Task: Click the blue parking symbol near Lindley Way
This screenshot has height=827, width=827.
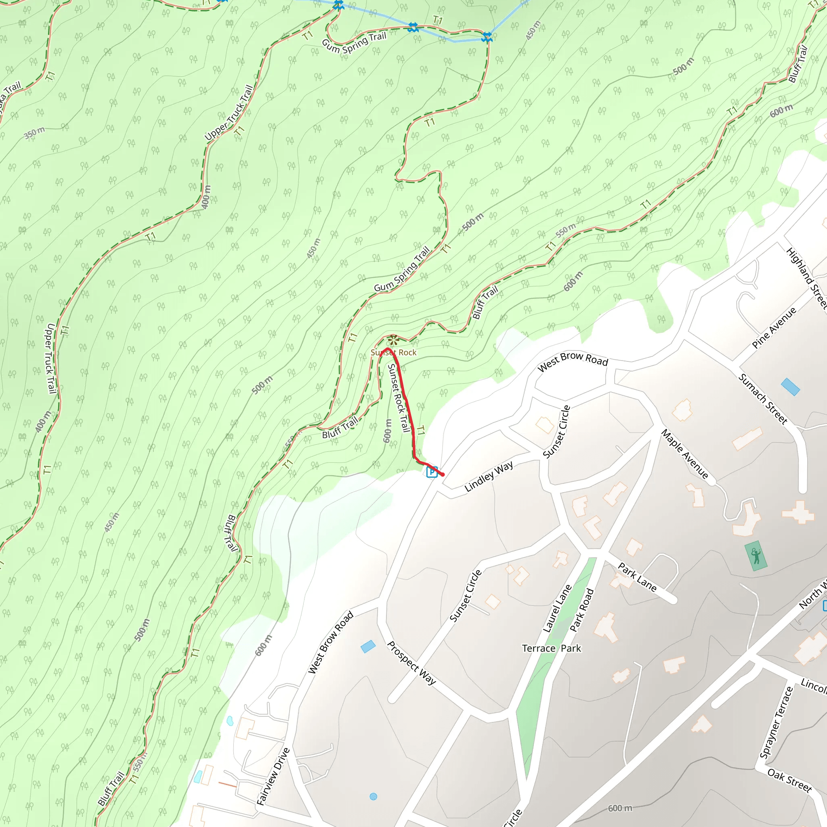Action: [x=432, y=472]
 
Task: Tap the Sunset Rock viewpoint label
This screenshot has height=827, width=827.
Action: [x=393, y=352]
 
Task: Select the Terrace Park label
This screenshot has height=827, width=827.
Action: [x=551, y=649]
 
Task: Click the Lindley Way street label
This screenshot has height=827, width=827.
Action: [x=489, y=476]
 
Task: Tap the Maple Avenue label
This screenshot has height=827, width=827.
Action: [x=684, y=454]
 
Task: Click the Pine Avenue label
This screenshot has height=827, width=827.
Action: [x=774, y=328]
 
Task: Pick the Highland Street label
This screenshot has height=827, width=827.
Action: [x=807, y=278]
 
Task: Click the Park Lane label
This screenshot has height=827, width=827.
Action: [x=637, y=577]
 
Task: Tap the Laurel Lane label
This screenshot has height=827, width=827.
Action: [x=557, y=608]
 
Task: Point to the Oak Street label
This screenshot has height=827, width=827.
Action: [x=789, y=780]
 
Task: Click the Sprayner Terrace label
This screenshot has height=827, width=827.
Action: [x=776, y=722]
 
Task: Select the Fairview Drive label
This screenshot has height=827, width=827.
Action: [x=273, y=777]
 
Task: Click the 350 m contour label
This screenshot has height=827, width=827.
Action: [x=34, y=133]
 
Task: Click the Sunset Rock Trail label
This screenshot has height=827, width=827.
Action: [x=399, y=398]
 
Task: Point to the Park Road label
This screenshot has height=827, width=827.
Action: [x=582, y=610]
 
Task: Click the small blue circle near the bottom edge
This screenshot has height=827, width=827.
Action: [x=373, y=797]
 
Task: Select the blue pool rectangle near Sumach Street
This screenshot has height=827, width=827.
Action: [x=790, y=387]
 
